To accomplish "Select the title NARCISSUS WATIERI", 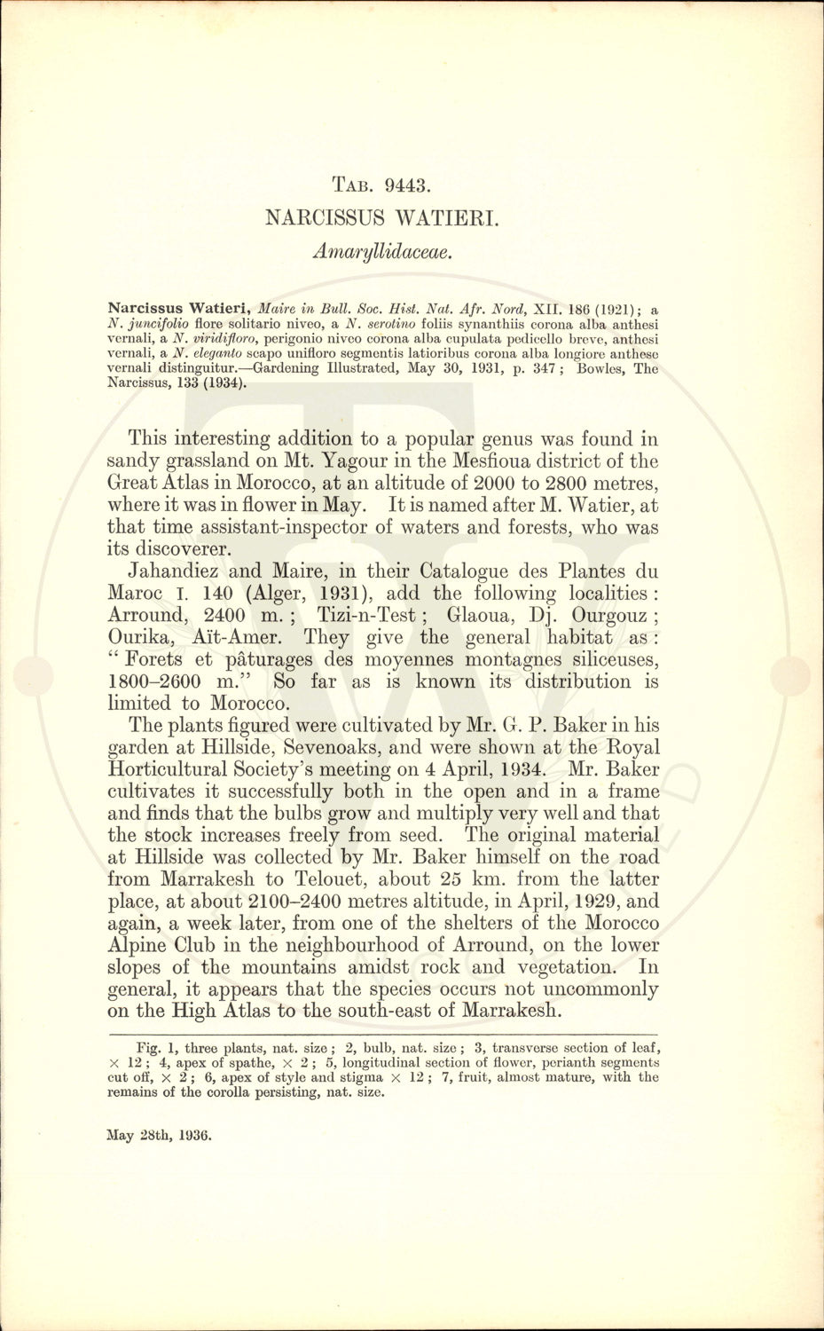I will pos(382,217).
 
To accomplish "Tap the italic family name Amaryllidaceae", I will pos(382,251).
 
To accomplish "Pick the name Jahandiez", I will pos(176,571).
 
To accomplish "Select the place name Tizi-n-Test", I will pos(379,616).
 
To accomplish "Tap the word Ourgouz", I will pos(608,616).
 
